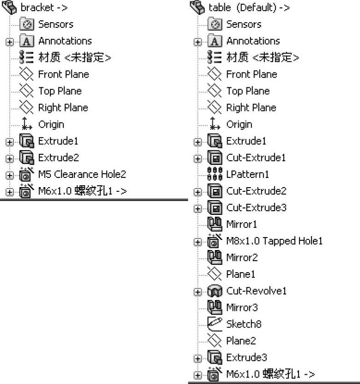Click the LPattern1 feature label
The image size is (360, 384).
point(247,174)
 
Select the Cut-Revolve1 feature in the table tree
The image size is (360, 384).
point(256,291)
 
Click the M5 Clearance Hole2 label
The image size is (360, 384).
point(82,174)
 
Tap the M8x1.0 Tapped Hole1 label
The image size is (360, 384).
point(274,241)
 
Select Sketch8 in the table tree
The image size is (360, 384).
point(244,324)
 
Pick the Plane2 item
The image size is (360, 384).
point(240,341)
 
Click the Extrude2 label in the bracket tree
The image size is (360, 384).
point(58,158)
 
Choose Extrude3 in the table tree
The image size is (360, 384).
point(246,357)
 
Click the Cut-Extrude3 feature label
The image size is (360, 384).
point(256,207)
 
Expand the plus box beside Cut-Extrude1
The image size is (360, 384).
point(198,158)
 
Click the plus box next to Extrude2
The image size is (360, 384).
point(10,158)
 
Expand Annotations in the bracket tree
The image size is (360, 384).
point(10,42)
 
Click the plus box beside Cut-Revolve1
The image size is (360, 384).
point(198,292)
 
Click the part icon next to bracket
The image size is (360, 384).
point(9,7)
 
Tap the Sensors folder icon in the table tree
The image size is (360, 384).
point(215,24)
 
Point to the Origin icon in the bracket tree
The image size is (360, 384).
point(27,124)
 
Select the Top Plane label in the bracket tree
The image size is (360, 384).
point(60,91)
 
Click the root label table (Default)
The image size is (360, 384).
point(249,7)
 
